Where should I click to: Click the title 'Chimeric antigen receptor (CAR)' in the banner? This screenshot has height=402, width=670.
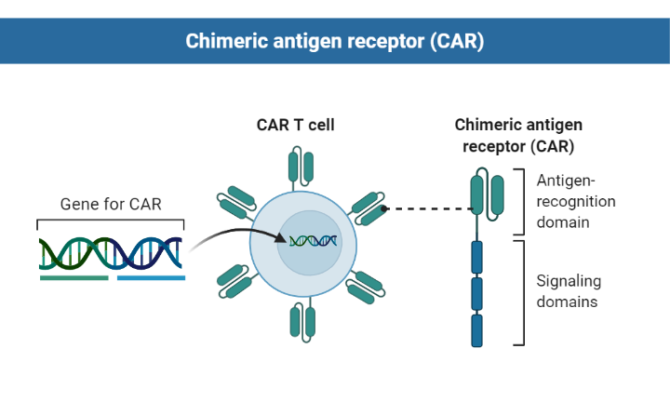point(335,41)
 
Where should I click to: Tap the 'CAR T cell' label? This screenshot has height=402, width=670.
point(296,125)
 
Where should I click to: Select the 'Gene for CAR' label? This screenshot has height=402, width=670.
point(111,203)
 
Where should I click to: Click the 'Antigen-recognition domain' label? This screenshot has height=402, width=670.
point(576,200)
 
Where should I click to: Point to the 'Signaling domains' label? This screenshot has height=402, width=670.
point(569,291)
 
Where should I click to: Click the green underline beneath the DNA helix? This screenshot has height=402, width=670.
point(74,276)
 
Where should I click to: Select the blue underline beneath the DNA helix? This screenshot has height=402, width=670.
point(151,276)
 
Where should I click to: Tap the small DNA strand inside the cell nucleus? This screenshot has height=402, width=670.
point(311,241)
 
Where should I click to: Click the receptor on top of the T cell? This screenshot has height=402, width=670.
point(301,166)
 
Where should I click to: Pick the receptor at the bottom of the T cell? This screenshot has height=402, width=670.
point(301,320)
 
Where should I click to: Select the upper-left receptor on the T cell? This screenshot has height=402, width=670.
point(236,200)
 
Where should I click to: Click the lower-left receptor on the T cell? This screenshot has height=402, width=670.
point(234,280)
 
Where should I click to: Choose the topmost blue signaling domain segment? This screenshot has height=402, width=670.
point(477,256)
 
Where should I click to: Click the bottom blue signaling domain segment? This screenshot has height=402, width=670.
point(477,330)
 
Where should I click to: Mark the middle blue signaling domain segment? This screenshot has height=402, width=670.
point(477,293)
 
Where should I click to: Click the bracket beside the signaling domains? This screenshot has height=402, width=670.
point(523,293)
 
